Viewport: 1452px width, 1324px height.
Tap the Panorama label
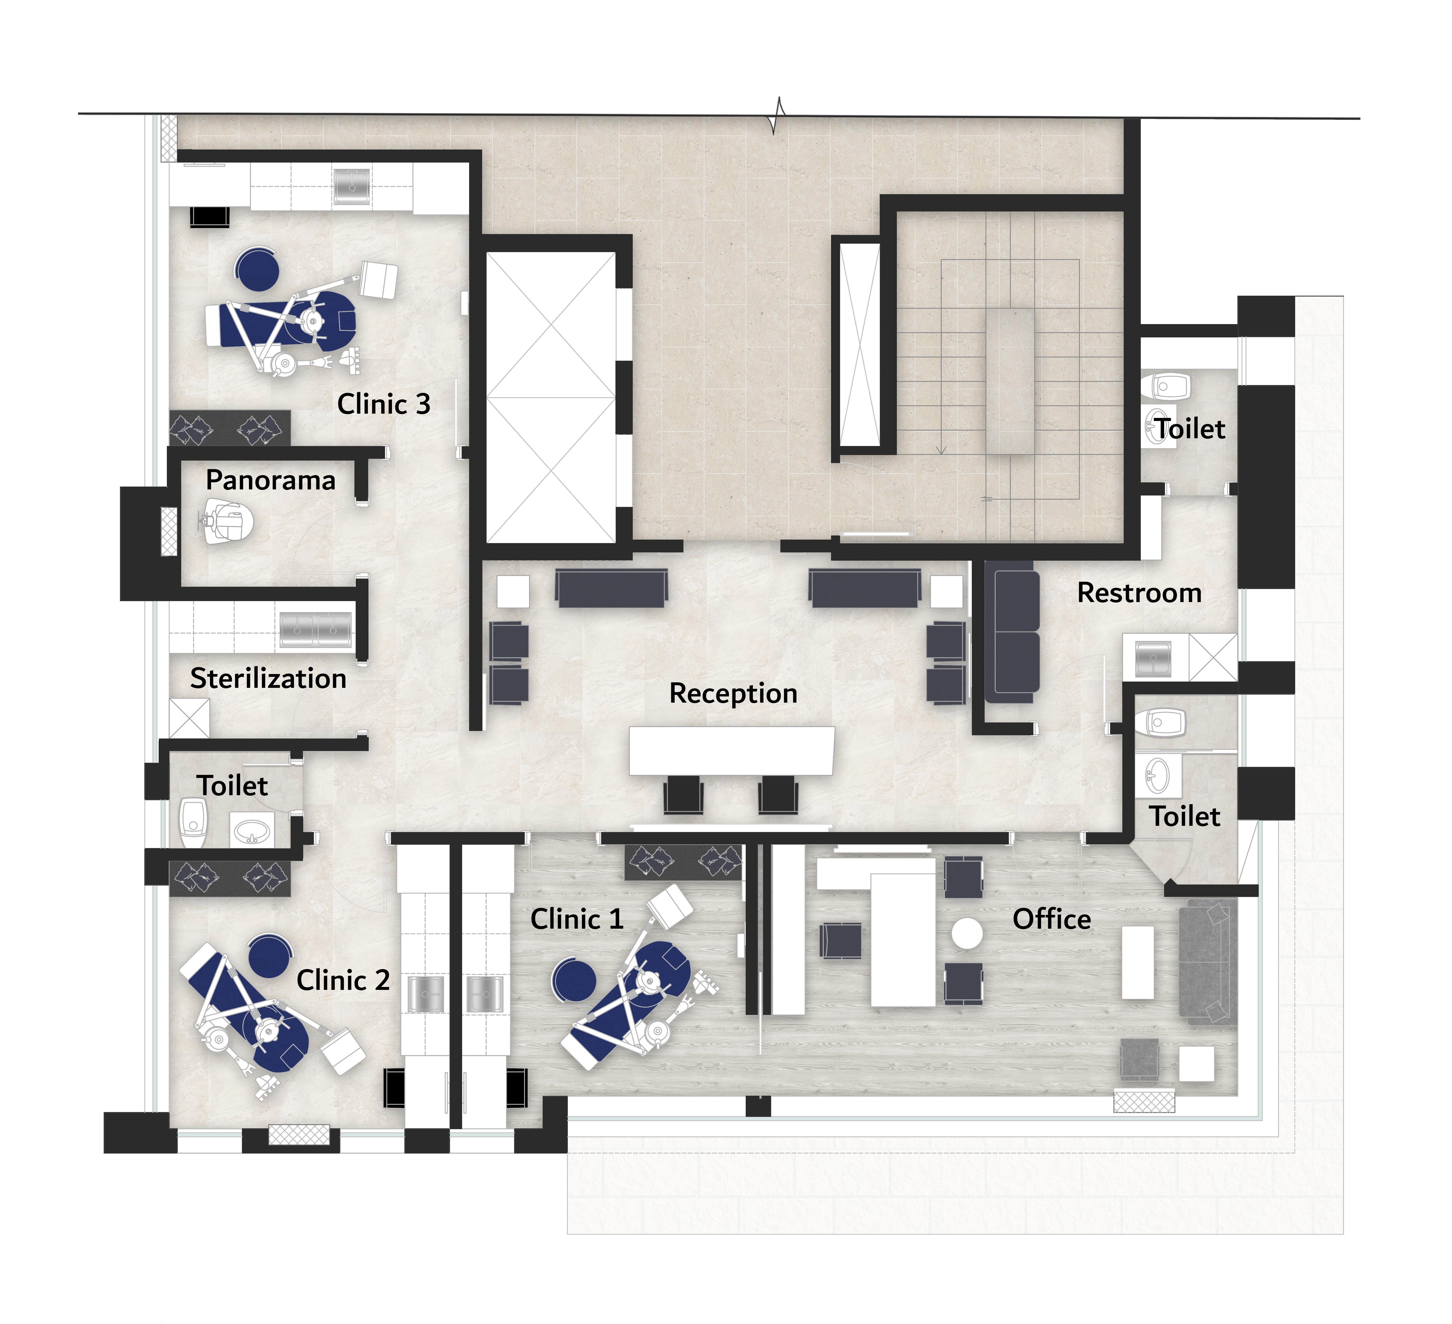tap(271, 480)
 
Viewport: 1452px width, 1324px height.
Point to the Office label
tap(1052, 919)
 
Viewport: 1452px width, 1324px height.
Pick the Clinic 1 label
tap(577, 919)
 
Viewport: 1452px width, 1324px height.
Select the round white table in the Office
tap(967, 934)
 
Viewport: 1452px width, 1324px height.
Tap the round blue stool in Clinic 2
tap(269, 956)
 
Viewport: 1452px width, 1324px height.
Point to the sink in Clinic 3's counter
tap(352, 186)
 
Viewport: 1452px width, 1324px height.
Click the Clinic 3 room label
tap(384, 404)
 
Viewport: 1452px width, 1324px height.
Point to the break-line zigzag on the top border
tap(778, 115)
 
